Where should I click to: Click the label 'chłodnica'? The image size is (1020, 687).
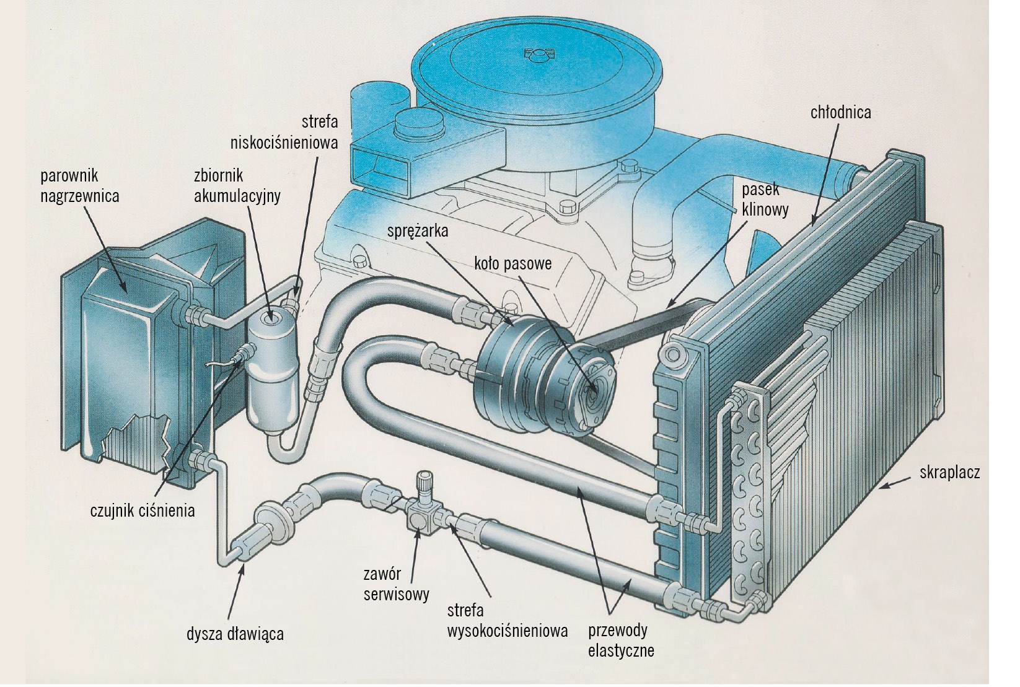point(840,112)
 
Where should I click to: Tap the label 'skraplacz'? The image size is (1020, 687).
point(949,473)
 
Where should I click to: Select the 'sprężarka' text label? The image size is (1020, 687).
point(417,231)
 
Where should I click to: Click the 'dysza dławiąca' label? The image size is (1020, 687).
point(235,634)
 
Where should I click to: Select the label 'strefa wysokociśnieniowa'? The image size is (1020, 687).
point(507,621)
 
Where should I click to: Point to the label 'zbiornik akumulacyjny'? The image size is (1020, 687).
point(237,186)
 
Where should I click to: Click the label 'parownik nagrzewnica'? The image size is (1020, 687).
point(79,186)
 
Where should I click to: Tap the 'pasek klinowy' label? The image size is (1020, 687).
point(765,200)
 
